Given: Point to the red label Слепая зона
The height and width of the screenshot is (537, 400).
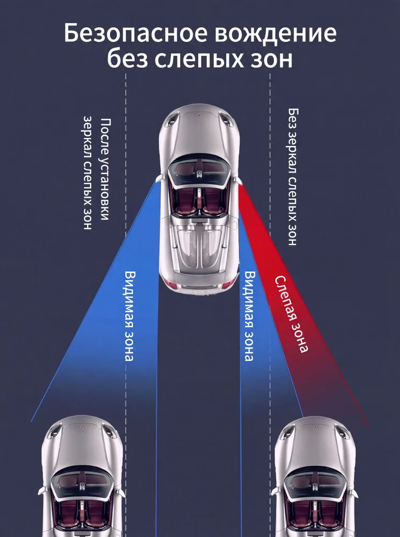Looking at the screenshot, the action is pyautogui.click(x=291, y=314).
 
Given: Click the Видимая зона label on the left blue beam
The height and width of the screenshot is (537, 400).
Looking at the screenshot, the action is pyautogui.click(x=129, y=316).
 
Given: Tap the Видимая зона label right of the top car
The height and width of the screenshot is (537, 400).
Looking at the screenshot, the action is pyautogui.click(x=249, y=316).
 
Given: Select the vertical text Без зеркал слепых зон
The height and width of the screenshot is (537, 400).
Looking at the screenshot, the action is pyautogui.click(x=293, y=177).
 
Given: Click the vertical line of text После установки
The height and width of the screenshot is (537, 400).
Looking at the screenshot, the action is pyautogui.click(x=106, y=169).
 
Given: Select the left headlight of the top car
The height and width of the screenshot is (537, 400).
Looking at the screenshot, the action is pyautogui.click(x=173, y=120).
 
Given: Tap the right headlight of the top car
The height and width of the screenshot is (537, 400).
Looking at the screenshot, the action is pyautogui.click(x=226, y=120).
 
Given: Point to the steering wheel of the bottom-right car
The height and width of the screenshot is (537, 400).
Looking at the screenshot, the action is pyautogui.click(x=315, y=486).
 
